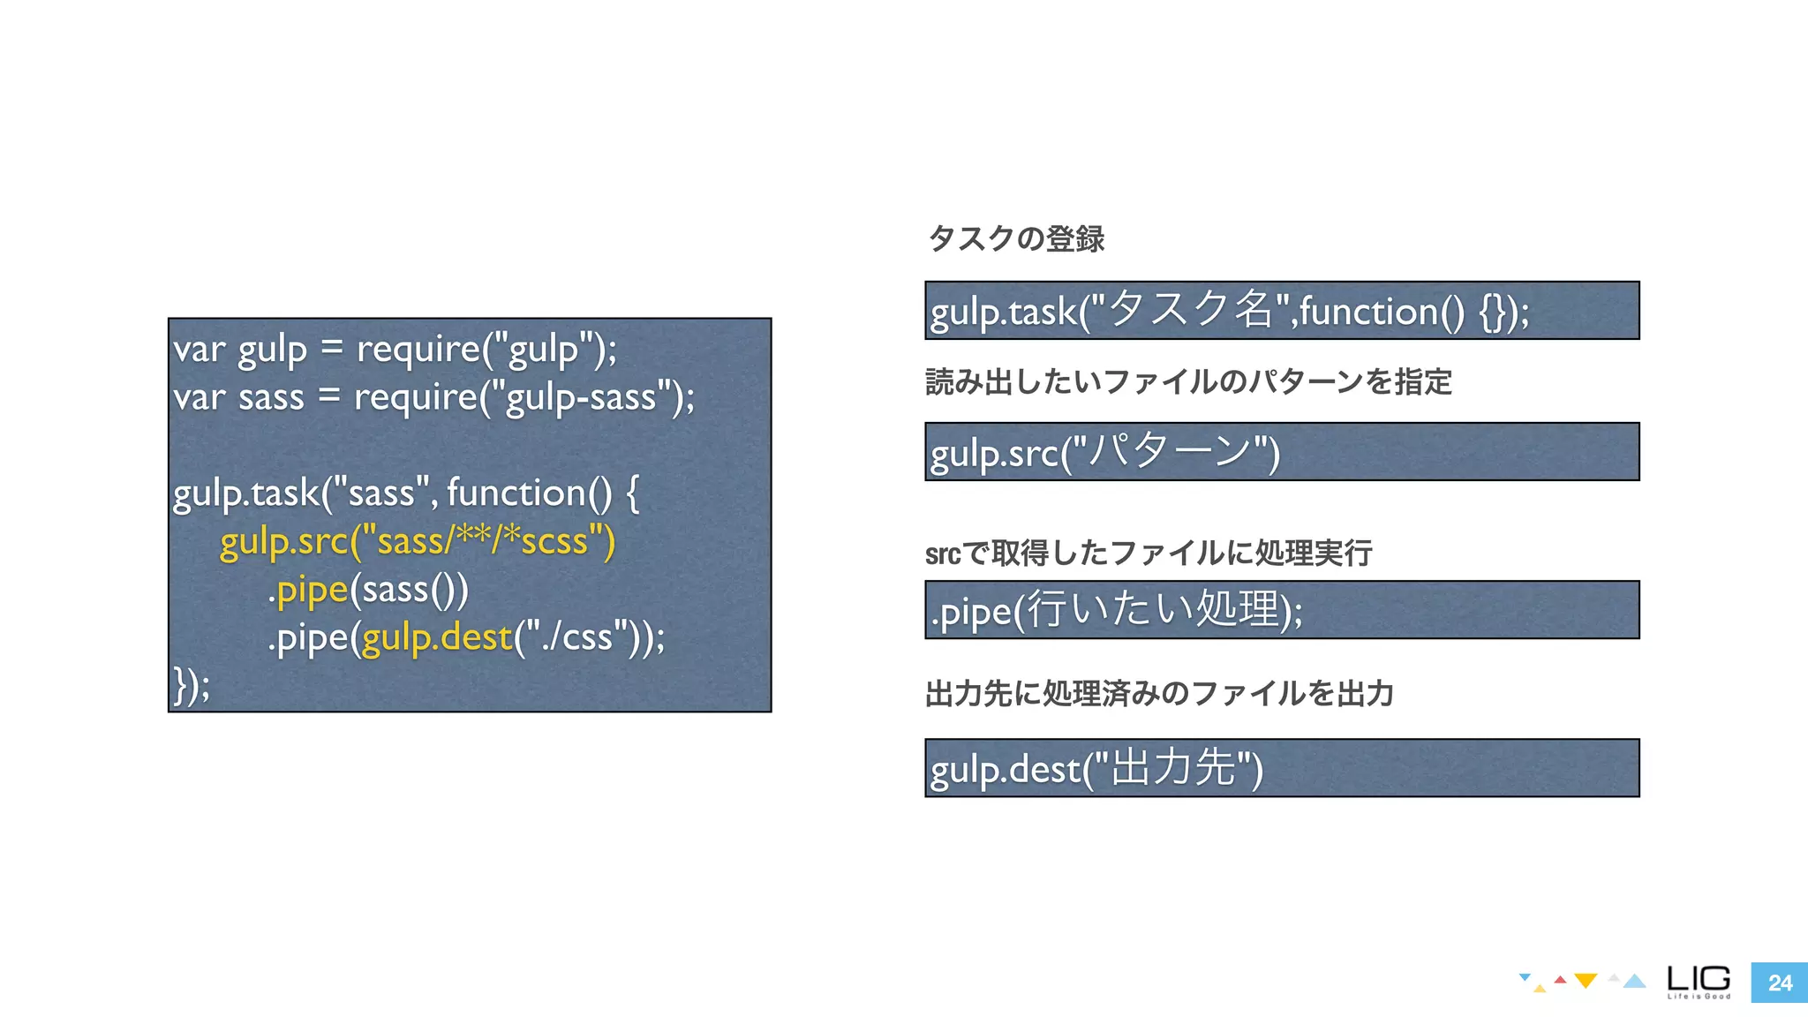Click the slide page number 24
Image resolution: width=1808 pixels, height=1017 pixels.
click(1779, 983)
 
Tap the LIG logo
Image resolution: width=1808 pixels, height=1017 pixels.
click(1699, 981)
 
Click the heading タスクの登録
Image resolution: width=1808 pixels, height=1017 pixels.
click(1016, 238)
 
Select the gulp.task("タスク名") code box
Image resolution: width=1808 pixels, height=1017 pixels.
click(1281, 311)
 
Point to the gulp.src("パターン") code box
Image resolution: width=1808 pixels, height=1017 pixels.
click(1281, 452)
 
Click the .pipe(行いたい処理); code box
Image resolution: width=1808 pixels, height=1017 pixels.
click(1281, 610)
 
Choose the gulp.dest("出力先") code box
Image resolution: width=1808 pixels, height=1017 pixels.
click(1281, 768)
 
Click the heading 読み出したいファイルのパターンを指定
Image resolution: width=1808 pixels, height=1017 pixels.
click(1188, 381)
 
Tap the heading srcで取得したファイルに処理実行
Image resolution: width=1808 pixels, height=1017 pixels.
click(1149, 553)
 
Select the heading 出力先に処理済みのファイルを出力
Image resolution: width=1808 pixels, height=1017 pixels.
click(1159, 693)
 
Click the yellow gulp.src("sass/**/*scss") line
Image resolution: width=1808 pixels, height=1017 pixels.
click(417, 541)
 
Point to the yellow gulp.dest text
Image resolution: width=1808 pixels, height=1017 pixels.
click(437, 637)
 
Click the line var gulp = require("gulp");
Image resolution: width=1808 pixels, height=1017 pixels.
click(395, 350)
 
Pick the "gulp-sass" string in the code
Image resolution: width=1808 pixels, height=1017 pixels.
click(581, 397)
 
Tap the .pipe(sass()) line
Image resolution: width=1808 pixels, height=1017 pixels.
click(368, 590)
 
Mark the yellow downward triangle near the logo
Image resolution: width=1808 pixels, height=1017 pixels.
click(1586, 981)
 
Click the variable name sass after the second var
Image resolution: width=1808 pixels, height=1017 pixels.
click(271, 397)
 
